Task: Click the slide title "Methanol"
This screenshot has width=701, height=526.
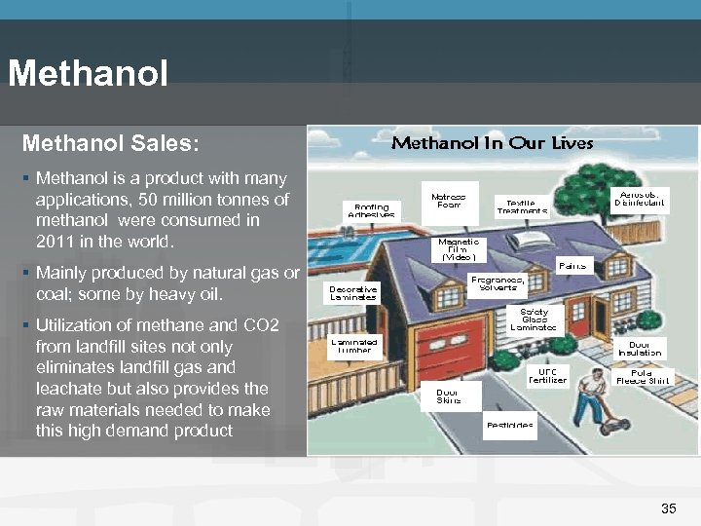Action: tap(88, 74)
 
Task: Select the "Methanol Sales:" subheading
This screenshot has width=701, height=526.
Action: tap(110, 143)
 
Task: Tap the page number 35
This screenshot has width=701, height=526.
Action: tap(668, 508)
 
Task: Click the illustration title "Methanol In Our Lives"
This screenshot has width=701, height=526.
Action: tap(492, 143)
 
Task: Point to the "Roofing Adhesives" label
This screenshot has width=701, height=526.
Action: tap(371, 210)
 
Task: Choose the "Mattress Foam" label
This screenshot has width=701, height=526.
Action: tap(448, 201)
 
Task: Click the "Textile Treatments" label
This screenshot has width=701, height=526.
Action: tap(522, 207)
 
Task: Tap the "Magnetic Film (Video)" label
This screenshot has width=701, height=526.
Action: tap(458, 250)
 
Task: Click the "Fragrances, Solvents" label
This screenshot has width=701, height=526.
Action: tap(498, 283)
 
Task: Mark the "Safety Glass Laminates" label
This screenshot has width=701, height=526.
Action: tap(534, 320)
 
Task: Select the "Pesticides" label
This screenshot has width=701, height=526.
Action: tap(510, 426)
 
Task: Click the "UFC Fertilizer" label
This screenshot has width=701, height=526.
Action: tap(547, 376)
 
